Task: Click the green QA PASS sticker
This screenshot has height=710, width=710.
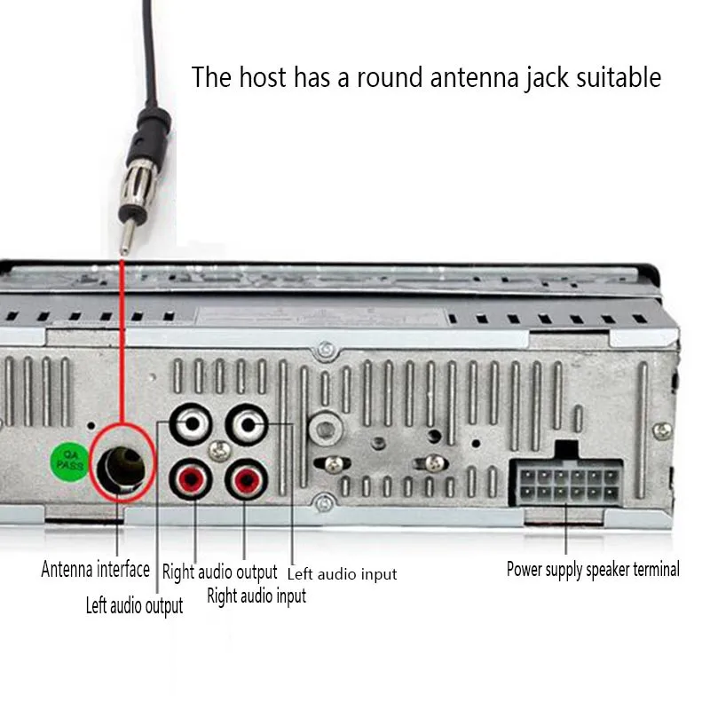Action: [67, 459]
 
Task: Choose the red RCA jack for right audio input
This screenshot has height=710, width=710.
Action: [245, 481]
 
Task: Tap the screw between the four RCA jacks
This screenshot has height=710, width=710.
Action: [219, 452]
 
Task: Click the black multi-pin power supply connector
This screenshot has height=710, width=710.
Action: [553, 481]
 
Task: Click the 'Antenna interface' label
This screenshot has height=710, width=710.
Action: [95, 568]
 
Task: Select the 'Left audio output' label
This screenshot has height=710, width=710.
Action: [134, 606]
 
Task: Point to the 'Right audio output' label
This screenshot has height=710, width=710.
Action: [219, 572]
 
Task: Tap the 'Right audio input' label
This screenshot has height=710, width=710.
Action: [256, 596]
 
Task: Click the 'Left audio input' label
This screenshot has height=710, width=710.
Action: [342, 574]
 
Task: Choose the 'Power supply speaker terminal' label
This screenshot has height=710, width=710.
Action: [593, 569]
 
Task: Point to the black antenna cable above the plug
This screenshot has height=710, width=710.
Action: [147, 53]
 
